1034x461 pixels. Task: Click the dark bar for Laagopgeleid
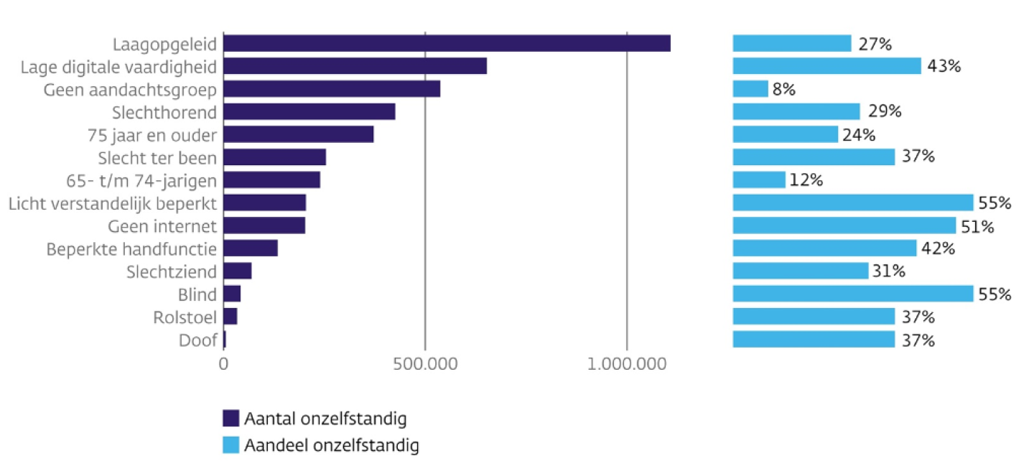pos(447,43)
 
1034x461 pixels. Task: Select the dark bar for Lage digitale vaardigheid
pos(355,66)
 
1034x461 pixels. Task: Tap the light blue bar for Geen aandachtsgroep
pos(750,89)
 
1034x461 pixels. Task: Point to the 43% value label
pos(944,66)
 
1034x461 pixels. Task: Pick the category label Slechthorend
pos(164,112)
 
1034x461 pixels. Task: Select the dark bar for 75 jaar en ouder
pos(299,134)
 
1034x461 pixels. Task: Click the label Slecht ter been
pos(157,157)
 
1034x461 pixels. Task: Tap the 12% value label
pos(806,180)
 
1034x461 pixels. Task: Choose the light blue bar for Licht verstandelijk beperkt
pos(853,202)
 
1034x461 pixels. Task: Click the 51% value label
pos(977,226)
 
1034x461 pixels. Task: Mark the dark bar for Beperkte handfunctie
pos(251,248)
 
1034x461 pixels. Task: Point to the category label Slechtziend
pos(171,271)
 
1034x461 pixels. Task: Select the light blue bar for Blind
pos(853,294)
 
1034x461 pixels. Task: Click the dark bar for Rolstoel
pos(230,317)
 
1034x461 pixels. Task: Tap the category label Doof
pos(197,340)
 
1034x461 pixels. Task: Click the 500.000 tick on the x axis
pos(425,365)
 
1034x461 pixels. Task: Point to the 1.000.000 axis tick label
pos(627,365)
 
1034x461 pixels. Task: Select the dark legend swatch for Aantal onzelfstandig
pos(230,418)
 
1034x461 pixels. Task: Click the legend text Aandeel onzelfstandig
pos(331,445)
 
